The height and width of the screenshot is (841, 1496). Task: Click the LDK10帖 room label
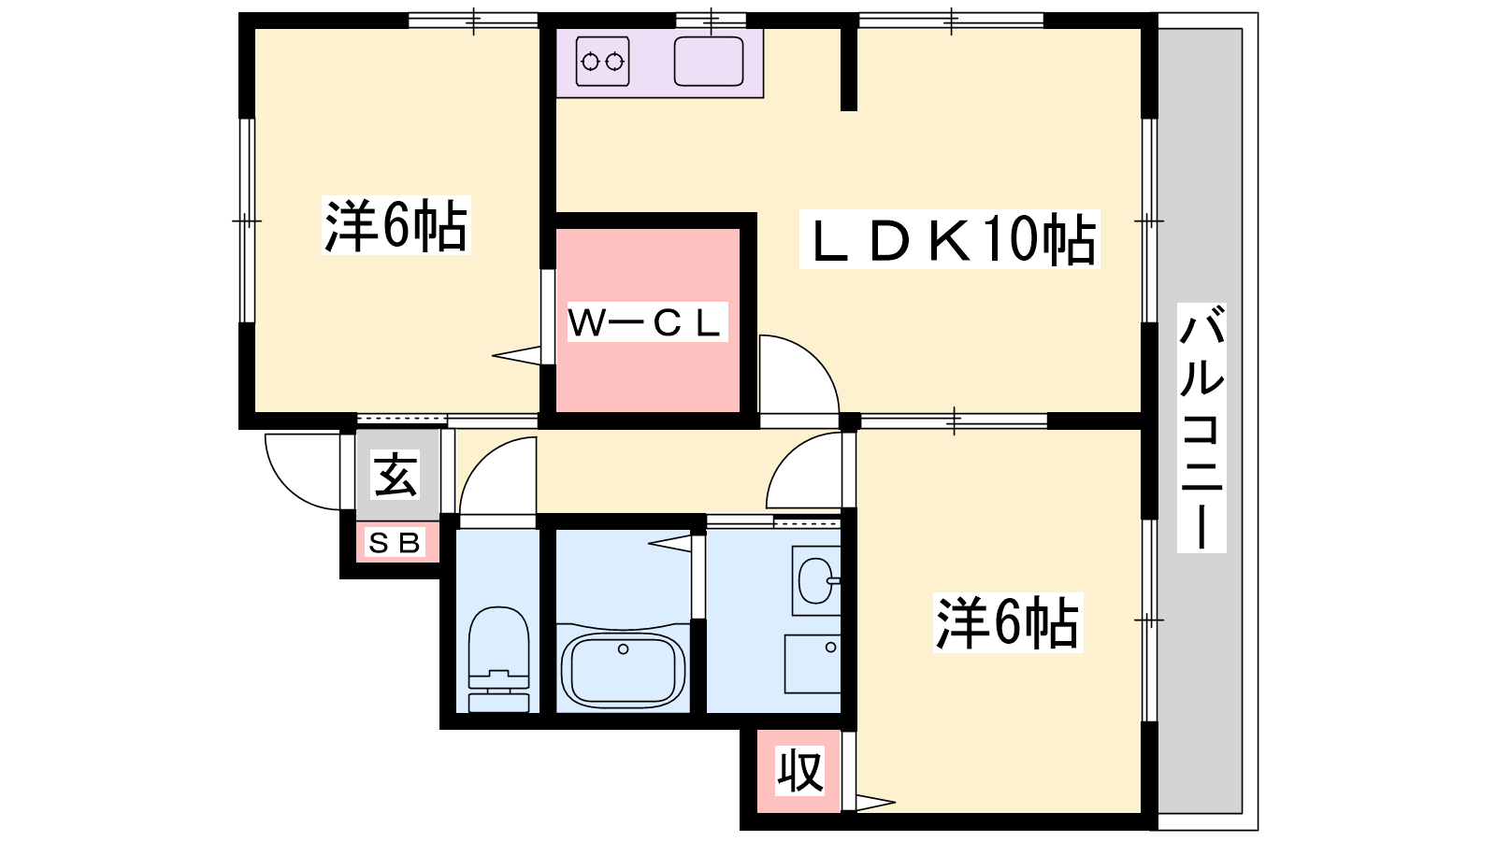[x=949, y=240]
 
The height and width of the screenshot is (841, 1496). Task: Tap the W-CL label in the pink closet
[x=647, y=322]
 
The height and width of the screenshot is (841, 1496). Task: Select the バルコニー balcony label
[x=1201, y=427]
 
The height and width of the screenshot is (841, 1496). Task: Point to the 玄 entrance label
[x=396, y=474]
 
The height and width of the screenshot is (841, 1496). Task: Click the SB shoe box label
[x=395, y=542]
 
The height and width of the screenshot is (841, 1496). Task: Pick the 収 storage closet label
[x=800, y=771]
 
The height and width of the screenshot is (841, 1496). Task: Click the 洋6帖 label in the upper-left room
[x=396, y=225]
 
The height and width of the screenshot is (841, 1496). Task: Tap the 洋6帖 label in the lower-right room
[x=1007, y=622]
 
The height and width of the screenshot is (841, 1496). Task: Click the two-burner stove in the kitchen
[x=602, y=62]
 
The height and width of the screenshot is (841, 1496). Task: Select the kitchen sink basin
[x=709, y=62]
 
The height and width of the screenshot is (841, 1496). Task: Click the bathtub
[x=623, y=670]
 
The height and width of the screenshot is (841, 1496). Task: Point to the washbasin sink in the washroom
[x=816, y=580]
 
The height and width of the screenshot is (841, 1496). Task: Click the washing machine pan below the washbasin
[x=813, y=664]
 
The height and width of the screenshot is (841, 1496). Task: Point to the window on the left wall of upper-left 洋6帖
[x=247, y=221]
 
